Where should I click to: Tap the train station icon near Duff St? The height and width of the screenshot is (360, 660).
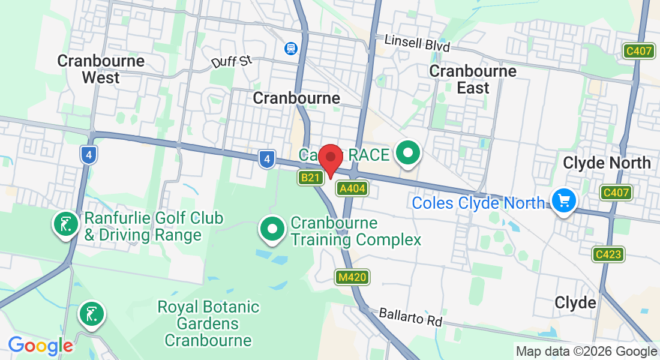291,47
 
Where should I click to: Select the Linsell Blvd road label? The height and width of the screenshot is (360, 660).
416,43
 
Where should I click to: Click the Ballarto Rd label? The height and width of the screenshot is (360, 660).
410,317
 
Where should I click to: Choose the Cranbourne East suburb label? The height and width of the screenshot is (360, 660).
473,79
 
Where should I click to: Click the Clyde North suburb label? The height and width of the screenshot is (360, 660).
607,163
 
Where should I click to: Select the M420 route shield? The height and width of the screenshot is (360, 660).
352,277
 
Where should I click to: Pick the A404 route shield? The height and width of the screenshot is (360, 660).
352,189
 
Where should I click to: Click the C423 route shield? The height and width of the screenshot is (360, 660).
608,254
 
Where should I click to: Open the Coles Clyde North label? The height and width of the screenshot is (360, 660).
479,203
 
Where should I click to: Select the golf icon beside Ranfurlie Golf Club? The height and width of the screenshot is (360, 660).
65,224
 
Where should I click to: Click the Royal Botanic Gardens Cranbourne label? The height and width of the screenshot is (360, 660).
208,324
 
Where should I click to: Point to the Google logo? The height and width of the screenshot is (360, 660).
40,346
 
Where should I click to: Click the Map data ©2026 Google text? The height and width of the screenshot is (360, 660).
586,352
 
